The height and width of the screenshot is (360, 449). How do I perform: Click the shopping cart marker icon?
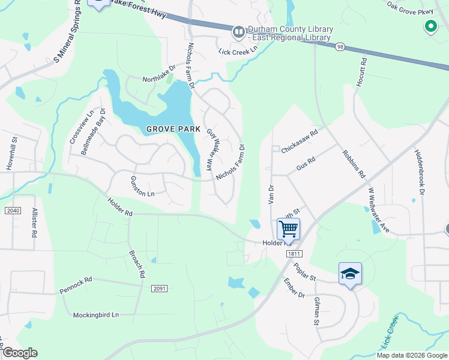(288, 228)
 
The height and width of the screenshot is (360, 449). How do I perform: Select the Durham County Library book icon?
(238, 31)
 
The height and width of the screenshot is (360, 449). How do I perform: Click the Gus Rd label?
(306, 164)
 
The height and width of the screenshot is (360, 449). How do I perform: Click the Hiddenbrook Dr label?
(420, 170)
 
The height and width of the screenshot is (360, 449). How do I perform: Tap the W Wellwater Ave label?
(379, 211)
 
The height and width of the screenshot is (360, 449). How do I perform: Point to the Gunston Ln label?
(143, 186)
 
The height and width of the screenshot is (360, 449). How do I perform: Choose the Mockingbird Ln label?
(96, 315)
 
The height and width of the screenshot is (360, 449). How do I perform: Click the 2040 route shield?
(12, 211)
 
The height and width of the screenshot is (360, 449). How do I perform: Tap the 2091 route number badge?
(159, 289)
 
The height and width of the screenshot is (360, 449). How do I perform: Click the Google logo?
(20, 353)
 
